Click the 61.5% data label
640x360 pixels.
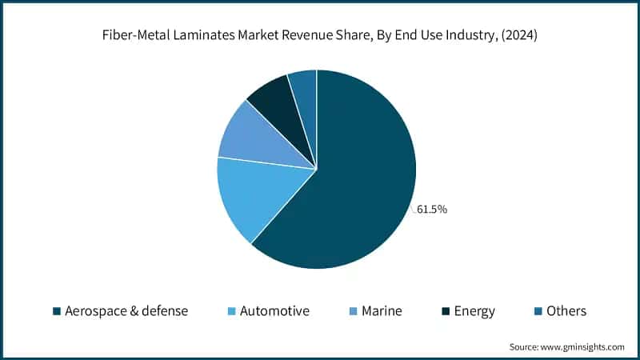click(432, 210)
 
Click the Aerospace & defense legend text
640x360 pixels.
click(126, 311)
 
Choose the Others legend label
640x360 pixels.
click(566, 311)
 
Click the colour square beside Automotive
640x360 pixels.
click(233, 311)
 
